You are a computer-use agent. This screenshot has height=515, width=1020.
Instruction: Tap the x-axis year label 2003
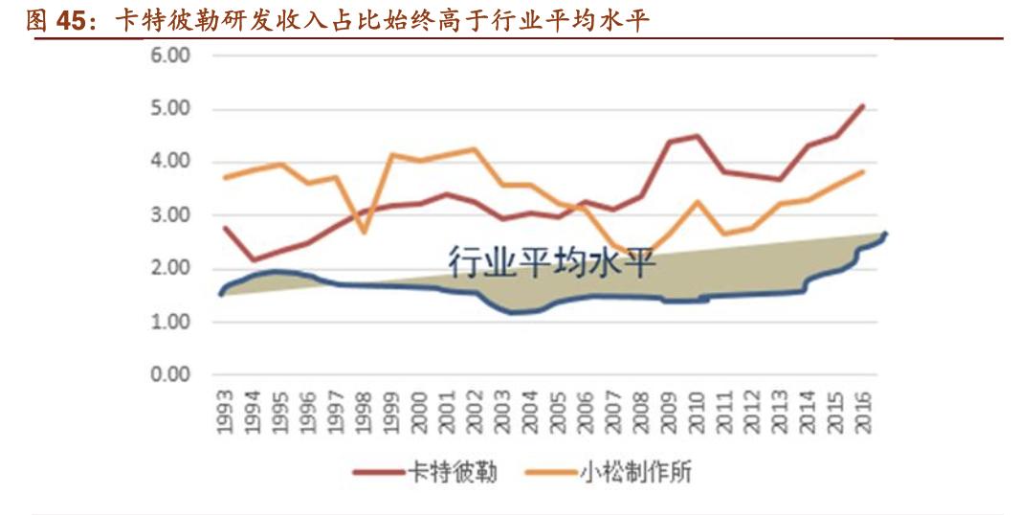click(x=503, y=412)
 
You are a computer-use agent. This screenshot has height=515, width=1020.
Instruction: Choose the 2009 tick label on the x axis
click(x=671, y=412)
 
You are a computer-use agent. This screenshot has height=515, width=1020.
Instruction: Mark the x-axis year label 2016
click(x=864, y=412)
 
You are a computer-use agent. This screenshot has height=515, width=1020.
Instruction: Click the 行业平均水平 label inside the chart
click(x=552, y=260)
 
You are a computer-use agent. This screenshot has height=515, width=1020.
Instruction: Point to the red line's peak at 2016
click(x=864, y=105)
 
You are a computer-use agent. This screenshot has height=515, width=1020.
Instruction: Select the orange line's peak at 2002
click(x=475, y=148)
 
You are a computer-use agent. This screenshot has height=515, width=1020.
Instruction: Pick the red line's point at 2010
click(x=698, y=136)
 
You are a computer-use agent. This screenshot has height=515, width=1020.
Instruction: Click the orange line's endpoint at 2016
click(x=864, y=171)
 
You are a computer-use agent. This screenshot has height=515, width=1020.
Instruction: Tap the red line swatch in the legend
click(x=377, y=473)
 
